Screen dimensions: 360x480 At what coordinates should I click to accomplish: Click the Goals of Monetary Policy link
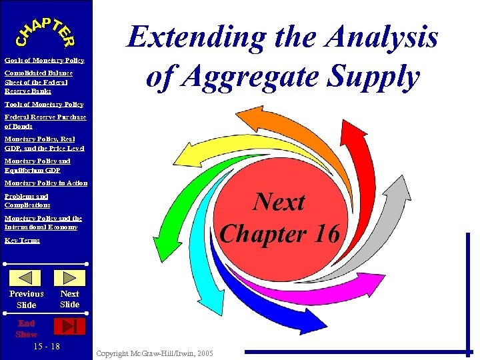(44, 61)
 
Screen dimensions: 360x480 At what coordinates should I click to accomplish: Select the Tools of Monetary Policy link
(43, 105)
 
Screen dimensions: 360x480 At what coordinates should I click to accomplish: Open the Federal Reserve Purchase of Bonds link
(45, 121)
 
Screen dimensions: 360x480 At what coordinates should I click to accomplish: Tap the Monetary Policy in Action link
(46, 183)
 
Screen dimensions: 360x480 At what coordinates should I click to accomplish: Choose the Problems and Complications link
(27, 201)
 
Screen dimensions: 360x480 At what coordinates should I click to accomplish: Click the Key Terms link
(22, 241)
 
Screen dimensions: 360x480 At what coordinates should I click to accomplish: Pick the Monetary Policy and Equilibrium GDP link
(37, 165)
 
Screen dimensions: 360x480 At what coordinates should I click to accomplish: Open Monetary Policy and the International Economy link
(43, 223)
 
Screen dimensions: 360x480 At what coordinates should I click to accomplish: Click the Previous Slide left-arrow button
(26, 277)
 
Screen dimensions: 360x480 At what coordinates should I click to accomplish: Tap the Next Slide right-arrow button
(69, 277)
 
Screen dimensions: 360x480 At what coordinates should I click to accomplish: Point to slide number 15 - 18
(46, 347)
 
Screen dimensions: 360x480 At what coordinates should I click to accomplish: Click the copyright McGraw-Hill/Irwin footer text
(155, 353)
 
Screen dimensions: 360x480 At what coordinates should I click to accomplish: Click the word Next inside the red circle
(280, 202)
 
